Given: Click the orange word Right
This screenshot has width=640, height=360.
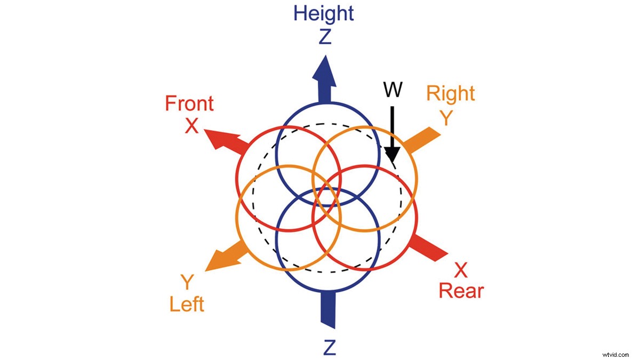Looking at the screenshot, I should pos(451,94).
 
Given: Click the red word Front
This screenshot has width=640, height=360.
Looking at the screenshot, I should pos(189,103).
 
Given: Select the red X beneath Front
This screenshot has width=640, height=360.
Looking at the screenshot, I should pos(191,126).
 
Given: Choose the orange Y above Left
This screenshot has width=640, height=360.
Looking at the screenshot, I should pos(186,281).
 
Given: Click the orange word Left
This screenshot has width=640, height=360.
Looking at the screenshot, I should pos(187,304).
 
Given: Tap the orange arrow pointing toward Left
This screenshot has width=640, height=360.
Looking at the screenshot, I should pos(226,255).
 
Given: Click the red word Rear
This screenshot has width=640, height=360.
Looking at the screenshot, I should pos(461,291).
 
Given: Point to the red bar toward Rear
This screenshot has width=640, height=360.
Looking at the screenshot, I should pos(429,247).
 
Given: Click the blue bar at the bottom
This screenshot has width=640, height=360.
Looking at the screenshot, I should pos(326,309).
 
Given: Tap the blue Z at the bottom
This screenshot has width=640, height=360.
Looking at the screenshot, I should pos(329,347).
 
